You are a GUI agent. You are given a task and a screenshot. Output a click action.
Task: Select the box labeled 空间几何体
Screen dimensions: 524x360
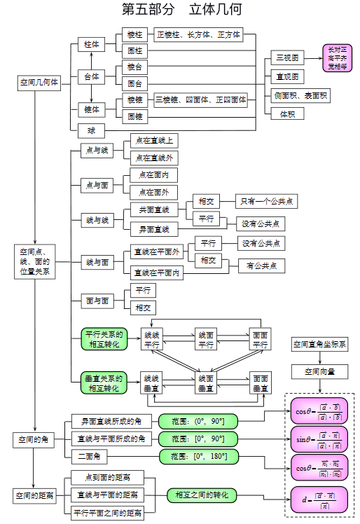(39, 83)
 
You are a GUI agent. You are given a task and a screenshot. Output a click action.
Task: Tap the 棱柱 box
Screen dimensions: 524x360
(134, 34)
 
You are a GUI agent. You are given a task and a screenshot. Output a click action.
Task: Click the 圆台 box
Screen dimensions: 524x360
(134, 83)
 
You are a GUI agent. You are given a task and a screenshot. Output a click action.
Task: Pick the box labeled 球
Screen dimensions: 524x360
(91, 130)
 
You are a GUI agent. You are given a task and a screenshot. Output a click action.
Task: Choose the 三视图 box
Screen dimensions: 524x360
(287, 57)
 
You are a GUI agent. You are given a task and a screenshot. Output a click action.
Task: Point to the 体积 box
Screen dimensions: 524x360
(287, 113)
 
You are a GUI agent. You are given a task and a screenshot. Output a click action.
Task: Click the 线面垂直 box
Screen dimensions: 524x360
(206, 382)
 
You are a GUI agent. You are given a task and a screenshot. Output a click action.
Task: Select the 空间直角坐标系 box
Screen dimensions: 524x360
(319, 344)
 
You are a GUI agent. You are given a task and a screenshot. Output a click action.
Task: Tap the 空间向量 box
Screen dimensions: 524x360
(319, 371)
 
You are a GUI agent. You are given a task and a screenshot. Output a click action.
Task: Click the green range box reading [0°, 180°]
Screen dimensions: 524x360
(198, 457)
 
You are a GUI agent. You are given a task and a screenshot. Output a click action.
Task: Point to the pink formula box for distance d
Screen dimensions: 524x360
(319, 500)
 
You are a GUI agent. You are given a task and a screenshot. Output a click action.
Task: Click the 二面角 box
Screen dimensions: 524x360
(91, 457)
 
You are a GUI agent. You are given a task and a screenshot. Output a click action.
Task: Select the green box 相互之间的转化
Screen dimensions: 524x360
(202, 495)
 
